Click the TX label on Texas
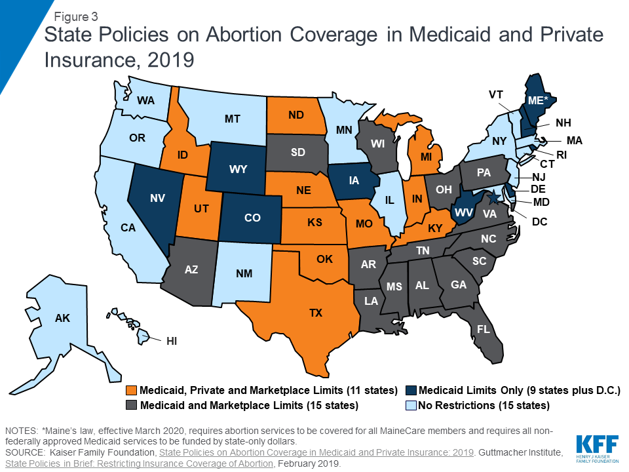pos(316,313)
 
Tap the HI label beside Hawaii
pos(171,341)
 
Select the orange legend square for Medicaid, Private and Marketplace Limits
pos(132,391)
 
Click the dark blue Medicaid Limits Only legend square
pos(411,391)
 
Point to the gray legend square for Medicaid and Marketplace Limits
pos(132,406)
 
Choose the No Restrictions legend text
pos(484,406)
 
